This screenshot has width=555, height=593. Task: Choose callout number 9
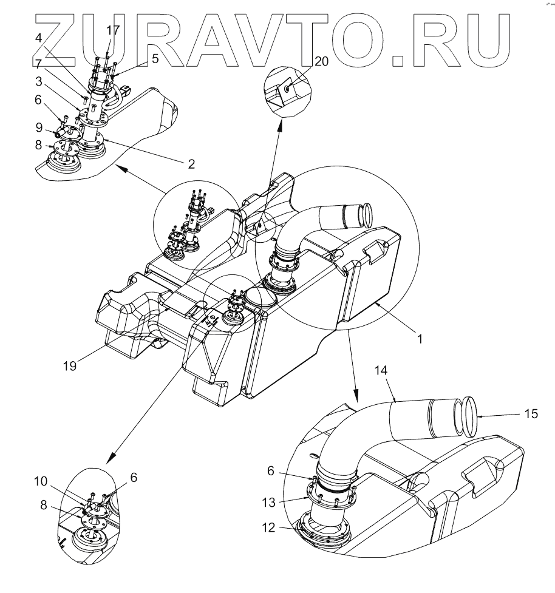pos(38,127)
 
